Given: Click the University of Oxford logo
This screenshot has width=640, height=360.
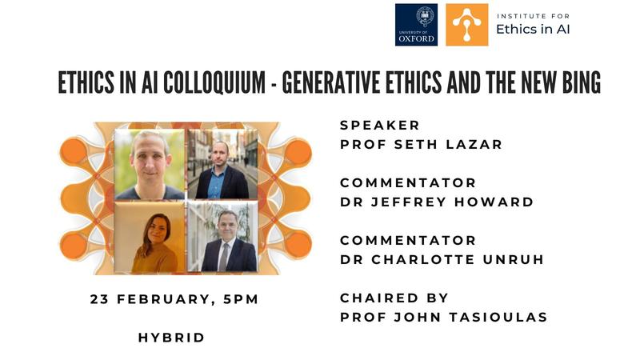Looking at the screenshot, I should tap(416, 25).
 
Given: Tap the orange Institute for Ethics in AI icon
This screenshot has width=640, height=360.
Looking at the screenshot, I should tap(466, 25).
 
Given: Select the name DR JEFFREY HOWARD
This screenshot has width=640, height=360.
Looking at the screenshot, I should tap(437, 202).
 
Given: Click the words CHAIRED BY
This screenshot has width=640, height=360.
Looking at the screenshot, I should tap(394, 298).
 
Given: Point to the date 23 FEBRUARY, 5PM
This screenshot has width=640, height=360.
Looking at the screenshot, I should tap(174, 299).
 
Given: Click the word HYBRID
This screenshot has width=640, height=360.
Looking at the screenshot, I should tap(172, 338).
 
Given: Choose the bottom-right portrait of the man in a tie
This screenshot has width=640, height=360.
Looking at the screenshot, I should tap(221, 237).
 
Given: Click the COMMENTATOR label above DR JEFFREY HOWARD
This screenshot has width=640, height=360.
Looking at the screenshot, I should tap(408, 183).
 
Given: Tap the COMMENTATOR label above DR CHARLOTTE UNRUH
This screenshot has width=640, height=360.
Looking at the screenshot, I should tap(408, 241).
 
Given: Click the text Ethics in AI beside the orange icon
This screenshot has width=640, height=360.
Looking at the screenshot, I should tap(534, 30).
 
